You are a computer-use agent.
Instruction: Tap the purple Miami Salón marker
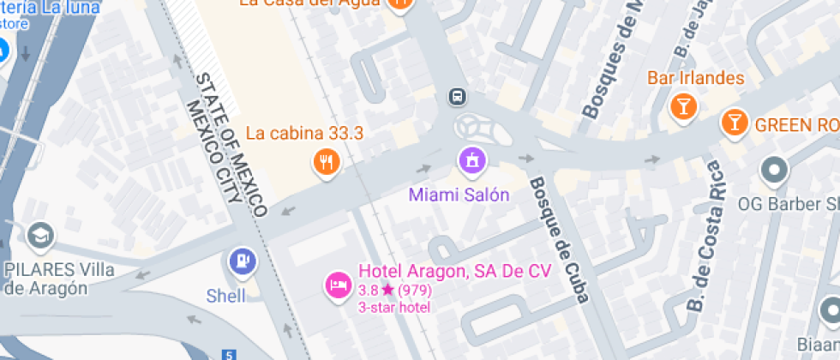point(471,159)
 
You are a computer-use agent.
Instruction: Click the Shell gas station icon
point(243,260)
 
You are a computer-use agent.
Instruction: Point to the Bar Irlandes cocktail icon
point(682,106)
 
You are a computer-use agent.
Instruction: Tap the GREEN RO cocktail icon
point(734,122)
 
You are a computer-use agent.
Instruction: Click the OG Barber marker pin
point(774,171)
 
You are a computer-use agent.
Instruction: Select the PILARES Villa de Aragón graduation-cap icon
point(39,234)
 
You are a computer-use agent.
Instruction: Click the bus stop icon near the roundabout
point(458,96)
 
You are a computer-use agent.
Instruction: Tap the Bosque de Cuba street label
point(558,240)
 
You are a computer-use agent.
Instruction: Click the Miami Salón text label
point(459,195)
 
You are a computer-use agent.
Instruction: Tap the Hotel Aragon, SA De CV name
point(454,272)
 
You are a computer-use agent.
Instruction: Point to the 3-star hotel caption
point(395,306)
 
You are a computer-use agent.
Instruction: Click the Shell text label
point(226,296)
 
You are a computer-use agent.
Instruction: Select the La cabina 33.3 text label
point(305,133)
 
